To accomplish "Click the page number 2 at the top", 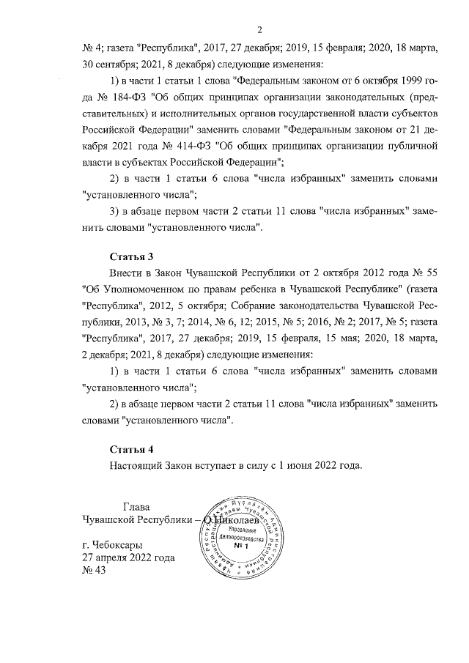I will click(x=259, y=29).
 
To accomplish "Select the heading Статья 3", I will click(x=131, y=256).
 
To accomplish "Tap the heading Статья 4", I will click(x=131, y=448).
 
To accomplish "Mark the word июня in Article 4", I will click(x=295, y=464).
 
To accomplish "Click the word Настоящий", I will click(x=139, y=464).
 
